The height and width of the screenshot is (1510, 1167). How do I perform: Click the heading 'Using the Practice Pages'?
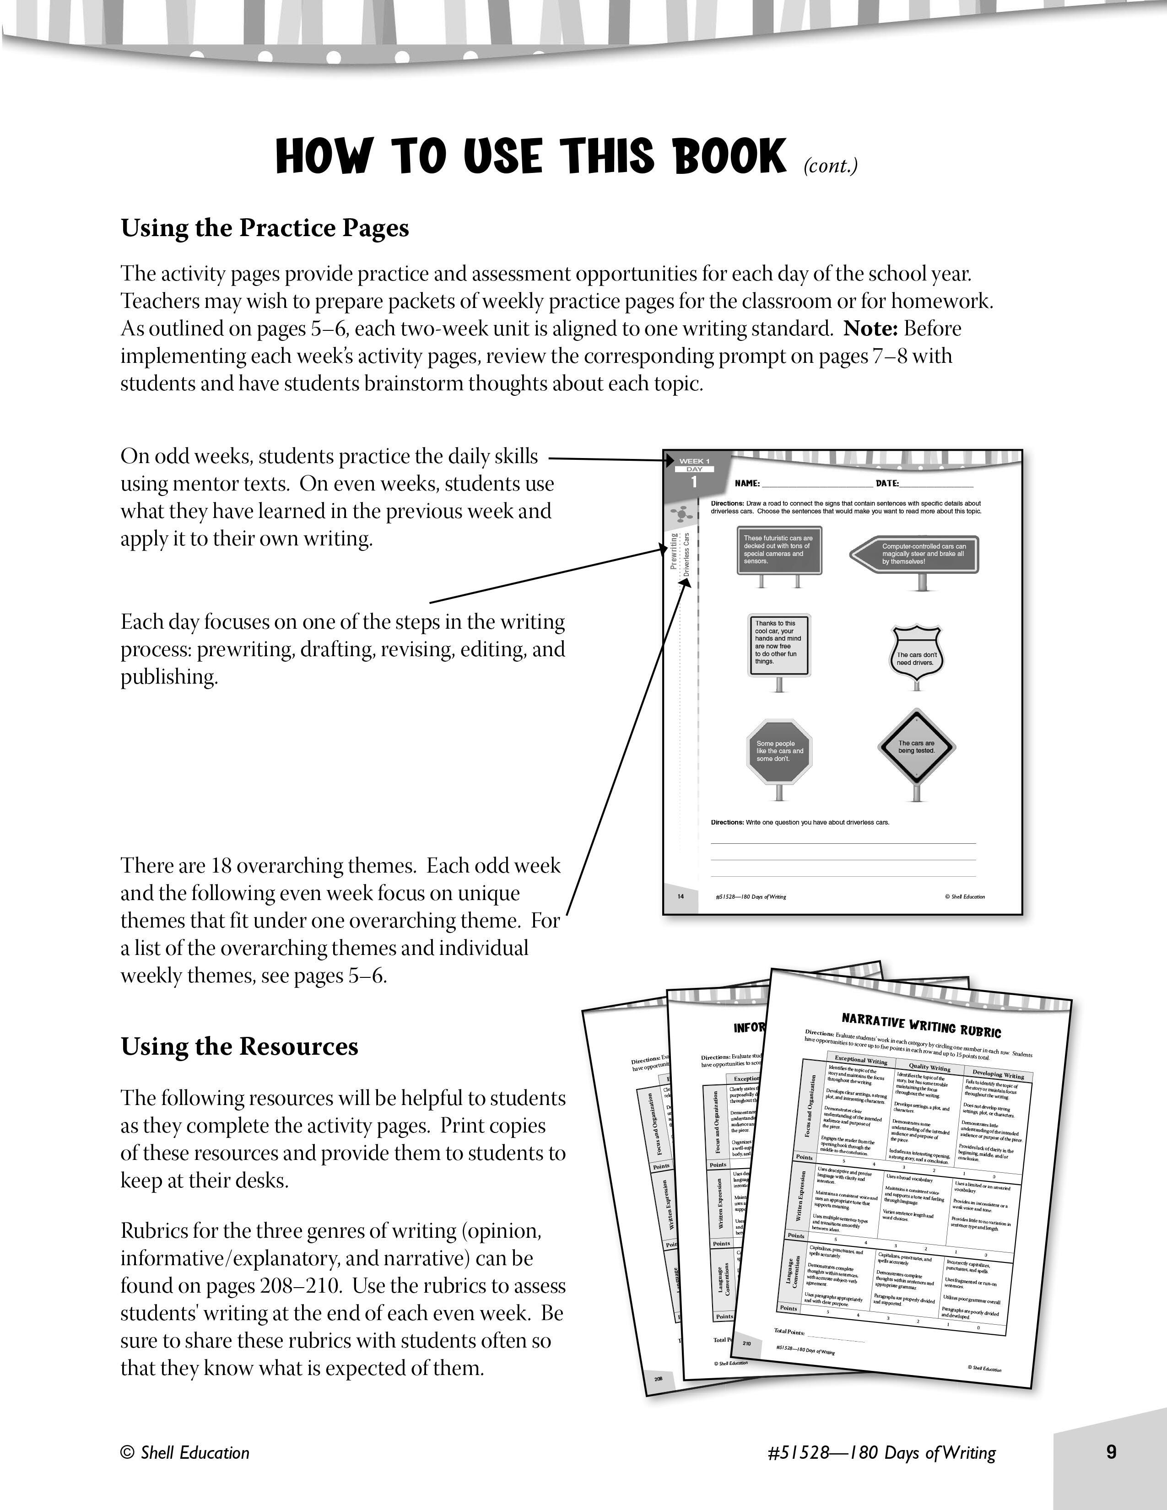(x=265, y=228)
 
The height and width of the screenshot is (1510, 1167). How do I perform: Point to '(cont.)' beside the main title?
(x=830, y=166)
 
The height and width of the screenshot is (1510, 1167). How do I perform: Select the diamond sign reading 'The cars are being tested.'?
(x=916, y=747)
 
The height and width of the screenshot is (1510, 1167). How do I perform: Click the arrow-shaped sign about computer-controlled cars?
(x=915, y=554)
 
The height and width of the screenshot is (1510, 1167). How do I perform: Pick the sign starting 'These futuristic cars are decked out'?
(x=779, y=550)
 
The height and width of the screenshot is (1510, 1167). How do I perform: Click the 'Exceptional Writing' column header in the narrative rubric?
(x=861, y=1060)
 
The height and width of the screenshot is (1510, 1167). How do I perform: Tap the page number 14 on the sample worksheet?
(x=680, y=897)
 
